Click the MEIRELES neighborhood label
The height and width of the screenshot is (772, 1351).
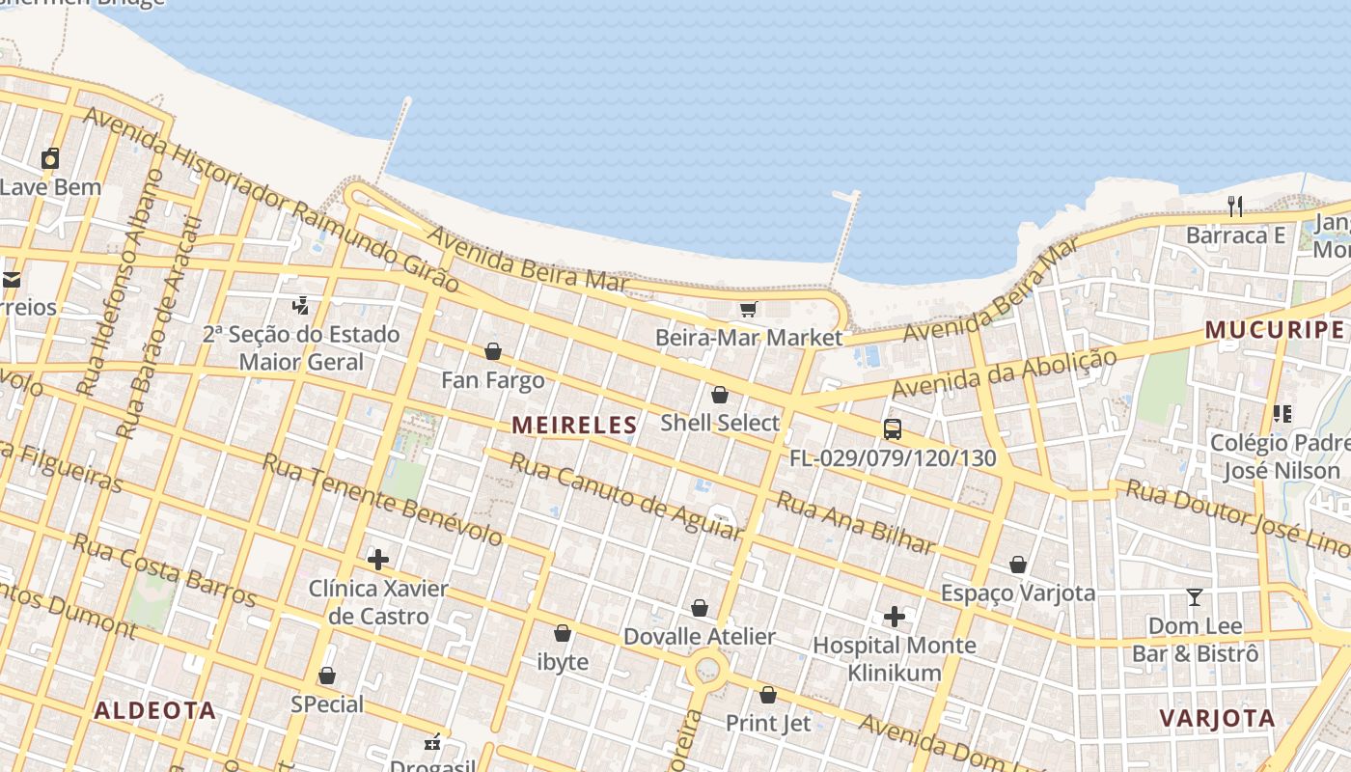574,425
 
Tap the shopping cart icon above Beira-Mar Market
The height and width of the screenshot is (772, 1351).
748,309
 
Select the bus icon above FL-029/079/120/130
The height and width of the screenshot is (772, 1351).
893,429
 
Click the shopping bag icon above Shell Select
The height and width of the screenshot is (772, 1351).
719,394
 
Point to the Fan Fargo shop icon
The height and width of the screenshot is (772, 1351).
493,351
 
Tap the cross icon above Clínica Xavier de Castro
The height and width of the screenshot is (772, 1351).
378,559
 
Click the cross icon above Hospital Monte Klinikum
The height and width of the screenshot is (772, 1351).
895,616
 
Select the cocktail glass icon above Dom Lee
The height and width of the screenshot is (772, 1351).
1195,597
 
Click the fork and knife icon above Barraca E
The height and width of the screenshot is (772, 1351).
1235,206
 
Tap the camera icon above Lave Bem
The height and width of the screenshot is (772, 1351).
50,158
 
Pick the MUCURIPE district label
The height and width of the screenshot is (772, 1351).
1274,330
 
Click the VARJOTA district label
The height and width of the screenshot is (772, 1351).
1217,718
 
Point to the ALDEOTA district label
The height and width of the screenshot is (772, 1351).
154,710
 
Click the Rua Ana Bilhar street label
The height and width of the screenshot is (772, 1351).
856,524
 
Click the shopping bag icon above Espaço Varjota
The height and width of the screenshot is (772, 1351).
1018,564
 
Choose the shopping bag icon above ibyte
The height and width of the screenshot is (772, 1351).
563,633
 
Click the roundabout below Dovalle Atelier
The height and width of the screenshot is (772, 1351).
707,667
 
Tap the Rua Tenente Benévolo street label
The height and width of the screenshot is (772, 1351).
382,499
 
